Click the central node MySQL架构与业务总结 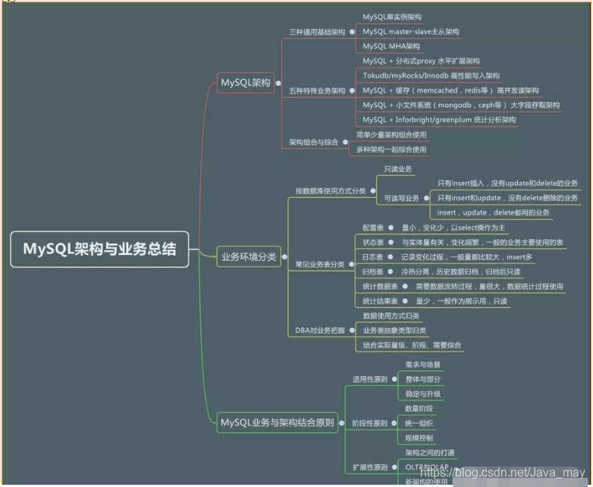(99, 248)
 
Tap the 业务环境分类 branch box (248, 257)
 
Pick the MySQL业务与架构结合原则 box (278, 423)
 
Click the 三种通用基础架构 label (317, 33)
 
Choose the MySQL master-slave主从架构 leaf (410, 31)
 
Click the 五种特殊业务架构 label (317, 90)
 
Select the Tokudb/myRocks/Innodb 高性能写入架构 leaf (431, 76)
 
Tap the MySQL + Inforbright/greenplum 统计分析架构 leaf (438, 119)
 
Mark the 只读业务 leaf (397, 169)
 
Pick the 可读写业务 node (401, 198)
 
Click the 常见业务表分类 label (320, 264)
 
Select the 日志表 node (372, 257)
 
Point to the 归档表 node (372, 272)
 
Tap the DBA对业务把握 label (320, 330)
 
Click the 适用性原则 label (370, 379)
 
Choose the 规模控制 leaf (419, 438)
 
